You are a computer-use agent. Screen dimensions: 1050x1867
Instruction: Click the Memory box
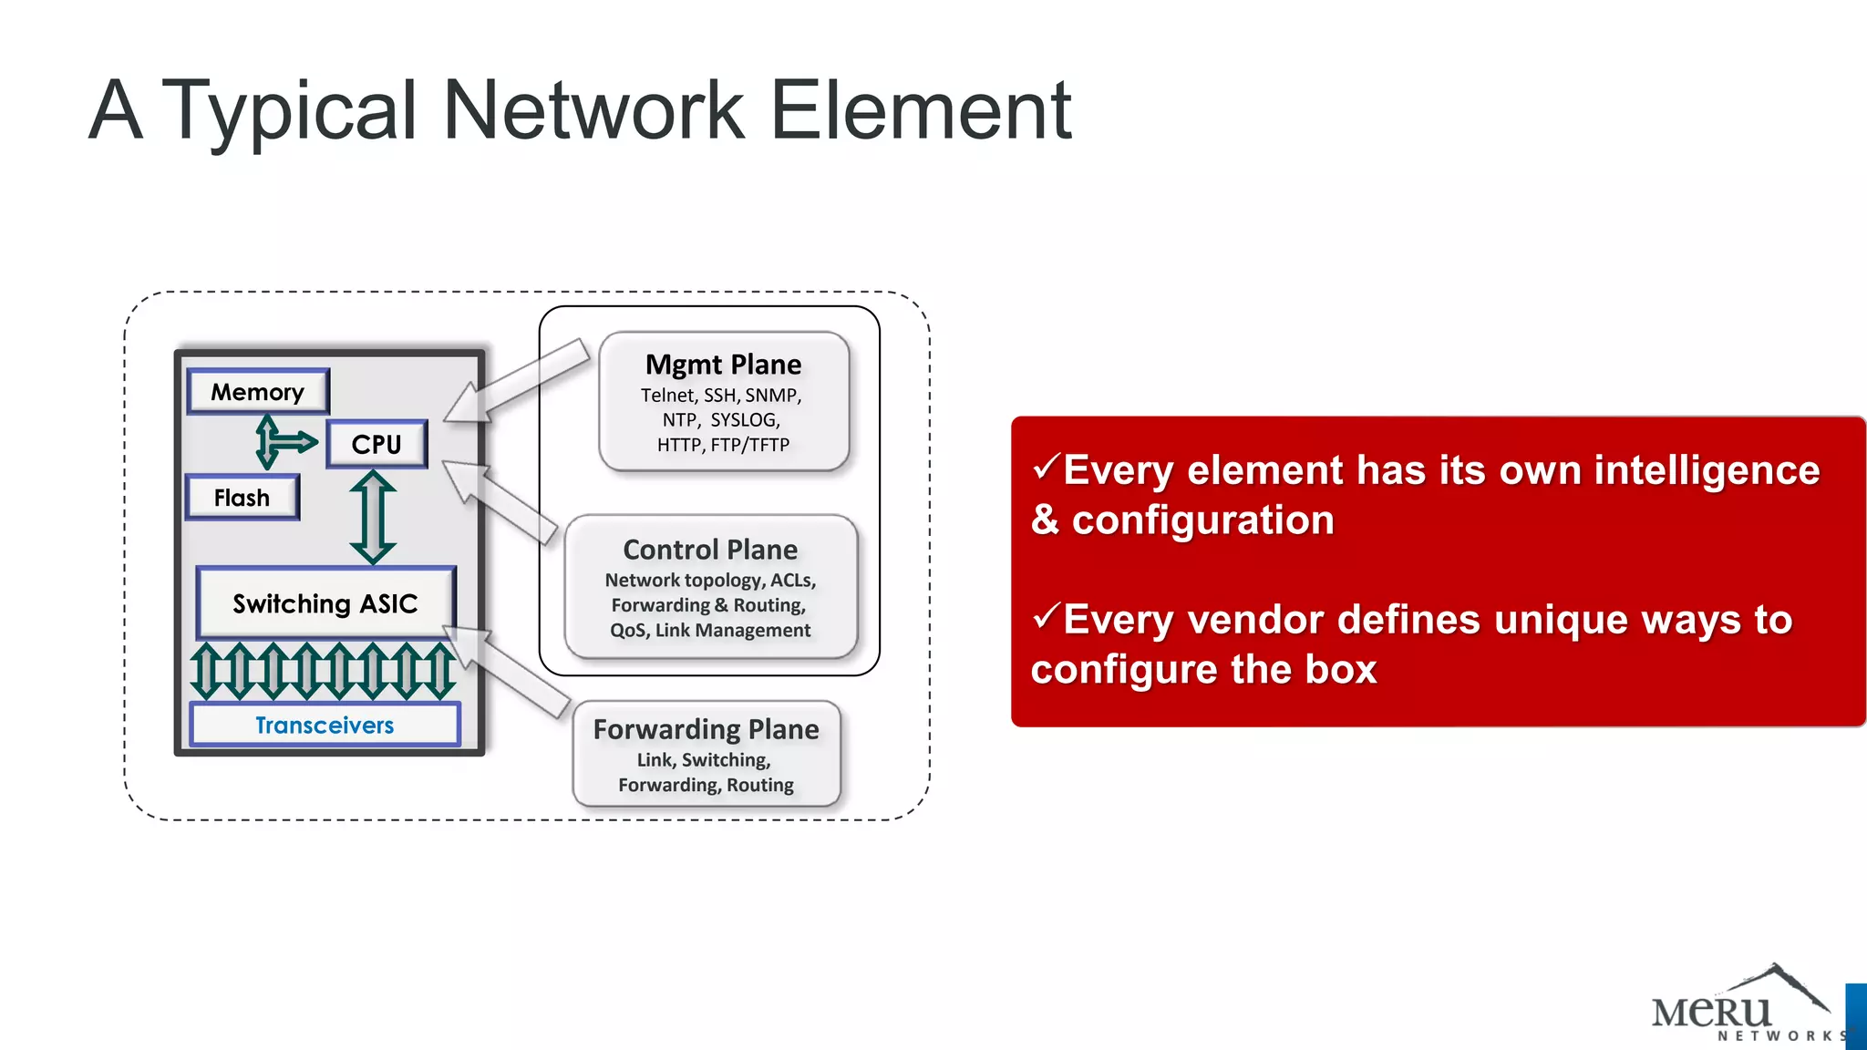258,392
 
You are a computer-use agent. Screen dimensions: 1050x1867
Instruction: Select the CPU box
376,444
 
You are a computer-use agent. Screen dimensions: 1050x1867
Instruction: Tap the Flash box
242,498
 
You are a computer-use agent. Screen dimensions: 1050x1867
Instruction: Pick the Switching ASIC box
325,603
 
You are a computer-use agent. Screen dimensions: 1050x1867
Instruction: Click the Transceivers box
325,725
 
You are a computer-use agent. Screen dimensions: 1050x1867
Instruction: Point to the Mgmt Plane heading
724,365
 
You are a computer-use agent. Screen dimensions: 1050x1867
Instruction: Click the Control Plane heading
710,550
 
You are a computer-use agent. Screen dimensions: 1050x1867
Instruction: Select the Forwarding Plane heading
706,729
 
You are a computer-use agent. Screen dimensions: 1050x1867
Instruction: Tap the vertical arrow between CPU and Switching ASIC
373,517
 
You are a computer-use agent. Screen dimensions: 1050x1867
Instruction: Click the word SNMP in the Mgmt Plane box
772,396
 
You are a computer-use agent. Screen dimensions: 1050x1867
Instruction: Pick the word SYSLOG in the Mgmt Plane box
745,420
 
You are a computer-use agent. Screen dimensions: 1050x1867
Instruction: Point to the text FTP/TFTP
750,445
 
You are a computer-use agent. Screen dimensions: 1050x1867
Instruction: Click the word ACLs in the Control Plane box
792,581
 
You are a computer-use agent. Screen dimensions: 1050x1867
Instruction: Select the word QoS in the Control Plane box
628,631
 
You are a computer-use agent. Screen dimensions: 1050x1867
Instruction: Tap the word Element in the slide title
921,111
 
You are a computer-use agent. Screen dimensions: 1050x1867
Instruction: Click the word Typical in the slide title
289,111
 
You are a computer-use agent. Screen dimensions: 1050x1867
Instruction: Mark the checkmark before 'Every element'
1046,468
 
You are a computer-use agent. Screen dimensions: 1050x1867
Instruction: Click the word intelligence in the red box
1659,470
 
